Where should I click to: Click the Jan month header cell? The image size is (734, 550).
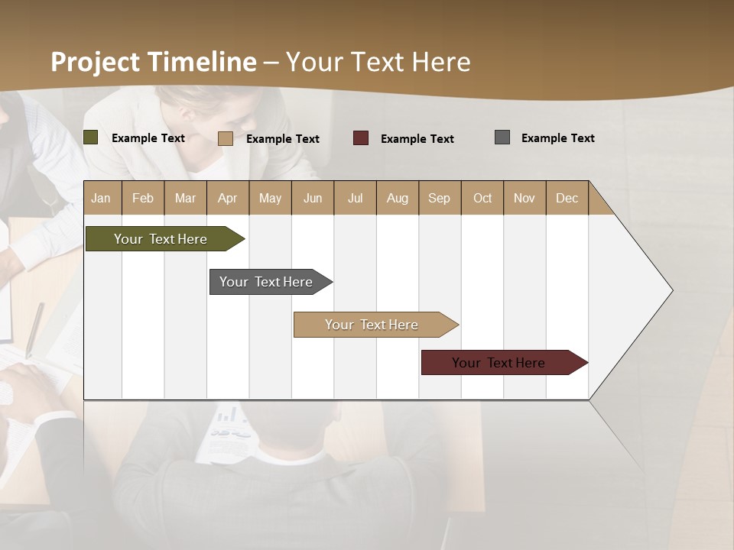(102, 198)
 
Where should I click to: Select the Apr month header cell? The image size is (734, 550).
(228, 198)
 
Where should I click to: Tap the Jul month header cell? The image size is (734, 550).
(355, 198)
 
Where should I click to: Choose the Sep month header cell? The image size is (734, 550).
(439, 198)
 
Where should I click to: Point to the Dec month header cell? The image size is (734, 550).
(567, 198)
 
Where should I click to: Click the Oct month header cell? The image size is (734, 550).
(482, 198)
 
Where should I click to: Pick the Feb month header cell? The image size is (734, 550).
(143, 198)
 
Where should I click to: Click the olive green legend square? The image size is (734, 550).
(91, 137)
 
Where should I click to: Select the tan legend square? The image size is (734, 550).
(226, 138)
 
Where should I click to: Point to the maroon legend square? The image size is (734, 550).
(361, 138)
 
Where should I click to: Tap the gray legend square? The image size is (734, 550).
(502, 137)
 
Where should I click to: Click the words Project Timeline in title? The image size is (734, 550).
(154, 62)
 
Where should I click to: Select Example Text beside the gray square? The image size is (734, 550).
(557, 138)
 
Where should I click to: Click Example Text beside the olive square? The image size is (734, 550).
(148, 138)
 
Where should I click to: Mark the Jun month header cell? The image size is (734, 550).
(313, 198)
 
